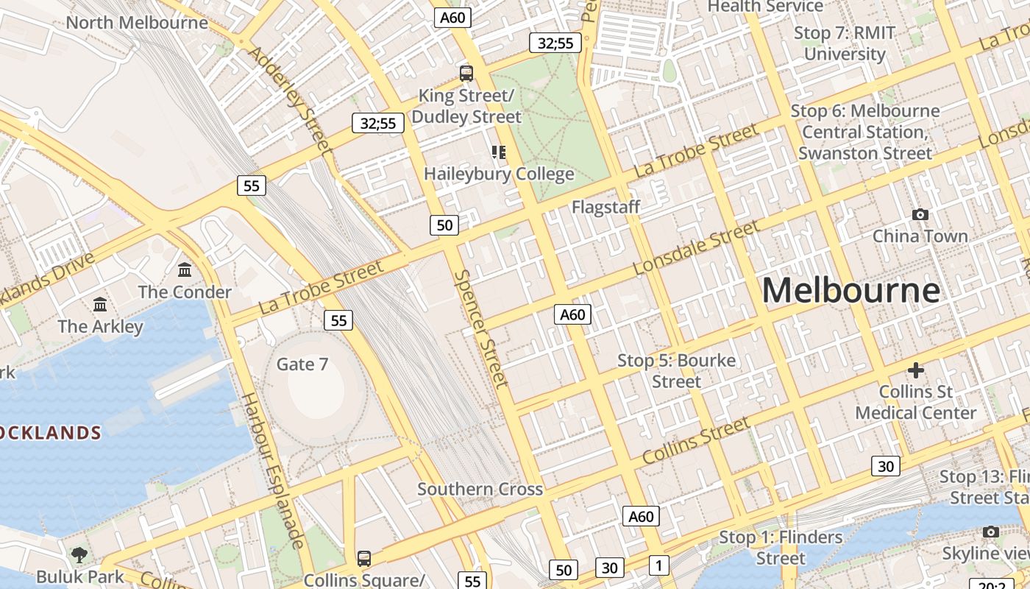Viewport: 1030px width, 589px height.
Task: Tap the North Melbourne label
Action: [137, 22]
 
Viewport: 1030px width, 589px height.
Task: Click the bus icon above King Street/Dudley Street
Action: [466, 73]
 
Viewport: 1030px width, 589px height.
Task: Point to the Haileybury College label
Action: [499, 174]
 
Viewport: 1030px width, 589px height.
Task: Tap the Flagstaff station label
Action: [605, 208]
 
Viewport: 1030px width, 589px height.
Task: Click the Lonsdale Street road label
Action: [696, 248]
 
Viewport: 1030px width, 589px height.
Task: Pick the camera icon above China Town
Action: [920, 214]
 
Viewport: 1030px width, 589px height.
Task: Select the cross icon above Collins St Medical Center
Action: [916, 370]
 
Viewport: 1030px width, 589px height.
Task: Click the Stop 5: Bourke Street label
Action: [676, 371]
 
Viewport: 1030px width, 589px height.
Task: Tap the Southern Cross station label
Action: [480, 489]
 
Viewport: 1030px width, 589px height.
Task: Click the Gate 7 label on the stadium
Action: [302, 364]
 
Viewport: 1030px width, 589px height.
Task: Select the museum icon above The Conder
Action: [185, 270]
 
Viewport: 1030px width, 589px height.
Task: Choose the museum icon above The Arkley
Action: [100, 304]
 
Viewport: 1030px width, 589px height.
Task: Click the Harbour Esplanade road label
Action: [274, 471]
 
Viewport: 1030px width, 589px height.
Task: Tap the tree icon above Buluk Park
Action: [79, 554]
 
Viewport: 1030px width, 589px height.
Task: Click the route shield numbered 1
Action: [658, 565]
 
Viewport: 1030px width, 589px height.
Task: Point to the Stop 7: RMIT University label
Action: [845, 43]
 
